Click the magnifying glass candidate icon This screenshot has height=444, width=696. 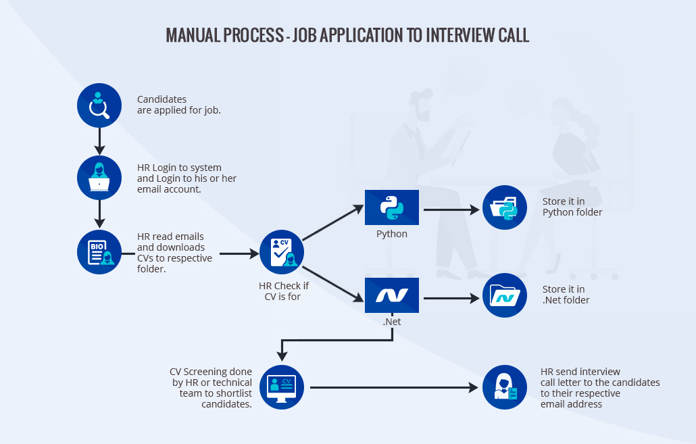click(x=99, y=105)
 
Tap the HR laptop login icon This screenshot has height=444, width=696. click(x=99, y=178)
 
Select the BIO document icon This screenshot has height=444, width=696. click(x=99, y=253)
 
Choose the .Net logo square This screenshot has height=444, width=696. click(x=392, y=295)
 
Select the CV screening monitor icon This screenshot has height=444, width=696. click(x=282, y=387)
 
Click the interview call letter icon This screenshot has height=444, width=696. click(x=505, y=387)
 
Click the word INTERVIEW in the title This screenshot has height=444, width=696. click(x=462, y=36)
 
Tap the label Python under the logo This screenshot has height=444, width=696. click(x=392, y=234)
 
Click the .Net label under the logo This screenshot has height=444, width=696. click(x=392, y=322)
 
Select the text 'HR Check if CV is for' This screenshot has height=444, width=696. click(x=282, y=291)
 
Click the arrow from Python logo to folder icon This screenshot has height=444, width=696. click(x=451, y=209)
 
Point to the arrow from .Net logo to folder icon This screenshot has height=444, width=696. click(x=451, y=297)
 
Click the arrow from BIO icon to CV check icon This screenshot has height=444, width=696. click(x=239, y=254)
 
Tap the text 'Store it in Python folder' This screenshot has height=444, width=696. click(x=572, y=207)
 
